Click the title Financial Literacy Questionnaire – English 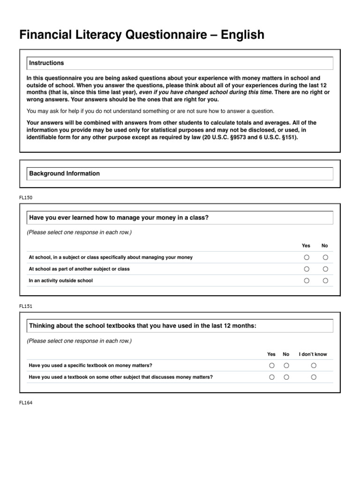pyautogui.click(x=142, y=35)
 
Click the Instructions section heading pyautogui.click(x=46, y=63)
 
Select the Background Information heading pyautogui.click(x=64, y=173)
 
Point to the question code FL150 pyautogui.click(x=26, y=197)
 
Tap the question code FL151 pyautogui.click(x=26, y=306)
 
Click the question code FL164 pyautogui.click(x=26, y=402)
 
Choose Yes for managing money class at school pyautogui.click(x=306, y=257)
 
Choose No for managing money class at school pyautogui.click(x=325, y=257)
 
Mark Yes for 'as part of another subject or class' pyautogui.click(x=306, y=269)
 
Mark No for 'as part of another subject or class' pyautogui.click(x=325, y=269)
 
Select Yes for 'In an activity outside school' pyautogui.click(x=306, y=281)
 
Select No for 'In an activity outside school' pyautogui.click(x=325, y=281)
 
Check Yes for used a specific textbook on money pyautogui.click(x=271, y=365)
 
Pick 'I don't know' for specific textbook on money pyautogui.click(x=313, y=365)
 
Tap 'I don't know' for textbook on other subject pyautogui.click(x=313, y=377)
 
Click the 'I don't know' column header pyautogui.click(x=313, y=354)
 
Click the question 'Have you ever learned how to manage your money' pyautogui.click(x=119, y=217)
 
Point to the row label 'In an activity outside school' pyautogui.click(x=60, y=281)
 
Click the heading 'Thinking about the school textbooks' pyautogui.click(x=142, y=326)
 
